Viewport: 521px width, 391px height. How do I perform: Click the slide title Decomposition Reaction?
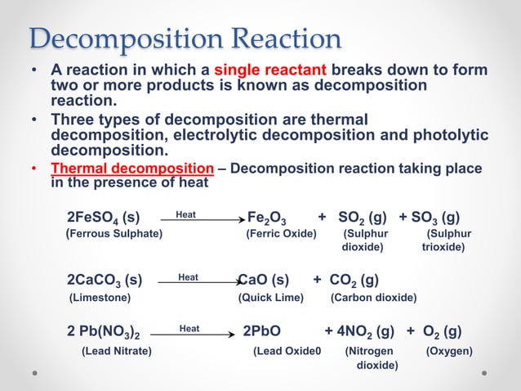pos(185,38)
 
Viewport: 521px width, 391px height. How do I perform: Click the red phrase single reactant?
pos(270,70)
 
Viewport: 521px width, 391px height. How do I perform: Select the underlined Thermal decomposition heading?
pos(133,169)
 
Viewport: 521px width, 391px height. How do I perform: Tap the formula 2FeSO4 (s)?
pos(103,218)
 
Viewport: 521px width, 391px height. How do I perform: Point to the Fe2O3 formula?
pos(266,218)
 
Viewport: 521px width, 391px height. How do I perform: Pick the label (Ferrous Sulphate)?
pos(114,234)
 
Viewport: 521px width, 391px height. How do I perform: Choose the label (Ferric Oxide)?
pos(281,234)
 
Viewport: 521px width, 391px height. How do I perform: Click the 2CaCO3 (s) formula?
pos(105,280)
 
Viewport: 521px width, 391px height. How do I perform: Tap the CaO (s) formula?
pos(263,280)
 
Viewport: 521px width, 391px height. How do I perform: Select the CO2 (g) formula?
pos(353,280)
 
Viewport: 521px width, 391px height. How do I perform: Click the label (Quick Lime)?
pos(270,297)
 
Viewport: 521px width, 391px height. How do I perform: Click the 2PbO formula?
pos(262,331)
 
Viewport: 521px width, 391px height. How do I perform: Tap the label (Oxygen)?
pos(449,352)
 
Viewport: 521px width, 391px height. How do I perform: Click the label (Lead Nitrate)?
pos(116,352)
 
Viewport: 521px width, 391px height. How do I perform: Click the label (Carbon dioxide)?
pos(373,297)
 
